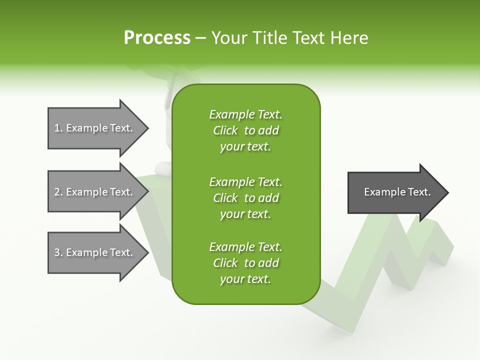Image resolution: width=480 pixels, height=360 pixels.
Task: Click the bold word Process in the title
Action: click(157, 38)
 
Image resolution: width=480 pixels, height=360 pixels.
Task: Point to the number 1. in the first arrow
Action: click(58, 128)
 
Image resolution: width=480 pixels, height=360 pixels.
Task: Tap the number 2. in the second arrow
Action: click(58, 192)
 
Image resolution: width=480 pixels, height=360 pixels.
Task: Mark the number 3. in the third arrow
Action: click(58, 252)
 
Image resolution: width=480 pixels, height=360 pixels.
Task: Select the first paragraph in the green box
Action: click(245, 130)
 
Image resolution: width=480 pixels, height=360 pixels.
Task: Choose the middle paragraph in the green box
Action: click(245, 197)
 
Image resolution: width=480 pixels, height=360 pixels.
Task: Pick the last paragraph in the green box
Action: click(245, 263)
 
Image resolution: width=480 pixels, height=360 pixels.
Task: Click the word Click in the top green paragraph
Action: click(225, 131)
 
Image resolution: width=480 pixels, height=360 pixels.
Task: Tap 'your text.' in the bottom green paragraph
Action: click(245, 279)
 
